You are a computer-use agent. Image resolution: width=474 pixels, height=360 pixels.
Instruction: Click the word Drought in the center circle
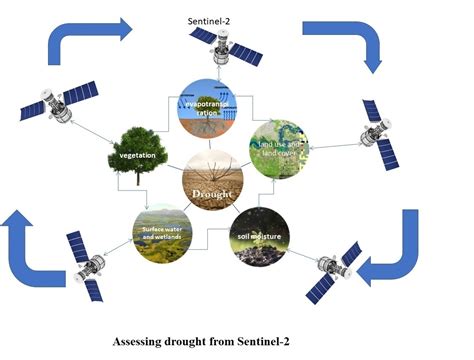point(218,187)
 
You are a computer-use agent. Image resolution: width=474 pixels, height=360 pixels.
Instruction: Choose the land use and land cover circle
point(283,149)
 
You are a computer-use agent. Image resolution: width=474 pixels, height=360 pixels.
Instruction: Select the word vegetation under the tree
point(131,156)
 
